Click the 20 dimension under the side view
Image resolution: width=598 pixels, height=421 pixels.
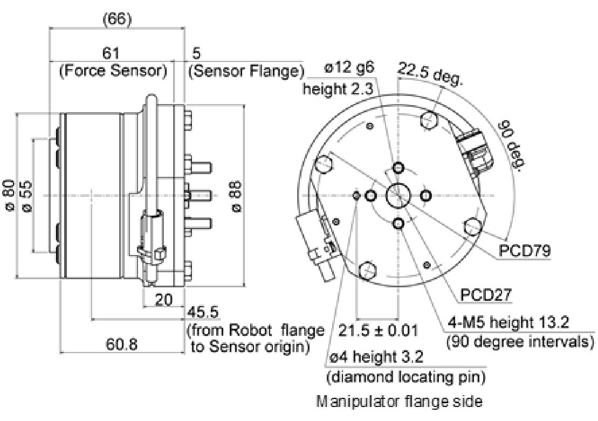pyautogui.click(x=164, y=299)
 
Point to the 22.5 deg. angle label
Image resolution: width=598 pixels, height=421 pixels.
pyautogui.click(x=430, y=74)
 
